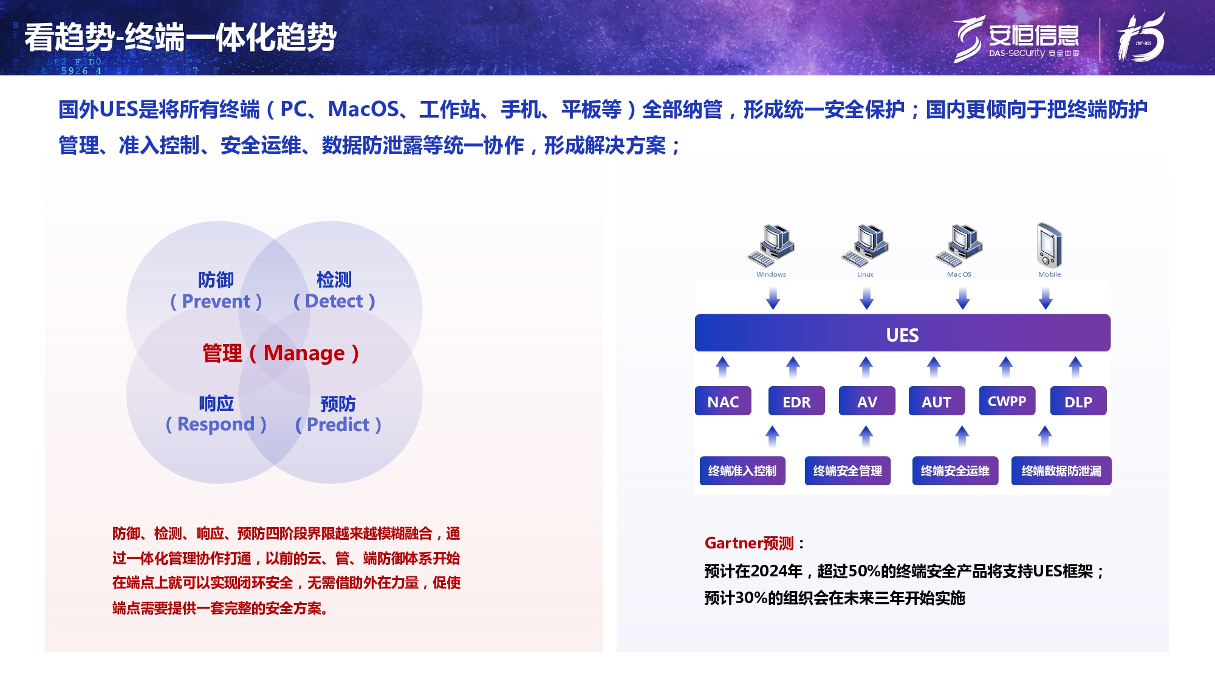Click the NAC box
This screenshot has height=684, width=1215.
(723, 401)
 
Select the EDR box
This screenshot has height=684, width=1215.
(796, 401)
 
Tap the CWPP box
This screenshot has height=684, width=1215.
(1007, 401)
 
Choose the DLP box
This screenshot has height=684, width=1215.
(1078, 401)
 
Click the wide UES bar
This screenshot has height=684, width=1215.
(902, 333)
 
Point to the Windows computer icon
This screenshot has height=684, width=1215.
(771, 246)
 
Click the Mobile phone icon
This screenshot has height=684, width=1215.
(1049, 245)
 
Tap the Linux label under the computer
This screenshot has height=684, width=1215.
(865, 274)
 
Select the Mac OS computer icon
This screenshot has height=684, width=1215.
(959, 246)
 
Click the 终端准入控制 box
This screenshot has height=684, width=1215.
(742, 471)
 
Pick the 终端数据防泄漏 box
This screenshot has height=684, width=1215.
(1061, 471)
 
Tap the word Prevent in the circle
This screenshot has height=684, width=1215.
(216, 301)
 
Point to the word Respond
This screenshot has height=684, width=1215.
(216, 424)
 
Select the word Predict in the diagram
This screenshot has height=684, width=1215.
(338, 424)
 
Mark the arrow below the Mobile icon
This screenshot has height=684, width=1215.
(1046, 299)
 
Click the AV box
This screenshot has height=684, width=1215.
(867, 401)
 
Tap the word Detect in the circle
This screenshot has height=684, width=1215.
(334, 301)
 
